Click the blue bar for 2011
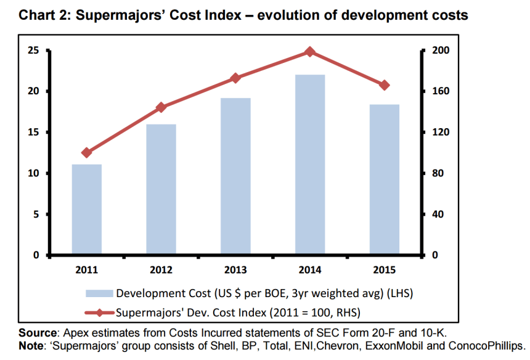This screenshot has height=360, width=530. pos(86,210)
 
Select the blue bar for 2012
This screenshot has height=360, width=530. pos(161,189)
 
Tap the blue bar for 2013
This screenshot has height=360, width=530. pos(235,176)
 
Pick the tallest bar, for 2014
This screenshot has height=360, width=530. pos(310,165)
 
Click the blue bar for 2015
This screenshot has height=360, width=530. pos(385,179)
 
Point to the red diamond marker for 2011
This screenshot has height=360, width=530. pos(86,153)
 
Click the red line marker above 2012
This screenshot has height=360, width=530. pos(161,107)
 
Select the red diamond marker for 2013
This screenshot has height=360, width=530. pos(235,78)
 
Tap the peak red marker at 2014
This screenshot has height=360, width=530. pos(310,52)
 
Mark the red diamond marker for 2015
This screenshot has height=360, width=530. pos(385,85)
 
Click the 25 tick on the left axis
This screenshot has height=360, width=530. pos(33,51)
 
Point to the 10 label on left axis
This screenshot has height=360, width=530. pos(33,173)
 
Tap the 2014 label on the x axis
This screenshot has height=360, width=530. pos(310,270)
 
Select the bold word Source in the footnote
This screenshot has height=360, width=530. pos(36,332)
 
